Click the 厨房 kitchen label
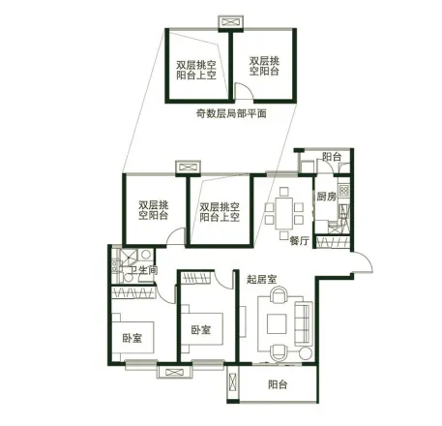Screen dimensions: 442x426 [x=326, y=197]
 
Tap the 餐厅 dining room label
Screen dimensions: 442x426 [x=300, y=240]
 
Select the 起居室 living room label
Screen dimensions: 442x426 [x=262, y=279]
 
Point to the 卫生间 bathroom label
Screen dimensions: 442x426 [x=144, y=270]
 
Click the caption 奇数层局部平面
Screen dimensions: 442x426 [x=231, y=113]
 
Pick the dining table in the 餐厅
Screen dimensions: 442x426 [x=283, y=214]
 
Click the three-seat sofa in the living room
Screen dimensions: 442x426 [x=304, y=323]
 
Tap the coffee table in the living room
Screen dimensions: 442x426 [x=277, y=323]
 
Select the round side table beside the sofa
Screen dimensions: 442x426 [x=305, y=353]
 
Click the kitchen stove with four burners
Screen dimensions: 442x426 [x=343, y=190]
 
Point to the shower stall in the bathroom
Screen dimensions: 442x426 [x=129, y=257]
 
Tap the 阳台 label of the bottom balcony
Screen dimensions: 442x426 [x=278, y=384]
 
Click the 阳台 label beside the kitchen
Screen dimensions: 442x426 [x=332, y=157]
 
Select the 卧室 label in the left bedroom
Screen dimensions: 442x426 [x=133, y=338]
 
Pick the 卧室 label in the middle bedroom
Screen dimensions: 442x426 [x=201, y=330]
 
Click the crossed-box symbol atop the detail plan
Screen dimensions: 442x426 [x=230, y=22]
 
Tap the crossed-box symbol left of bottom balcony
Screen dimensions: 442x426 [x=233, y=382]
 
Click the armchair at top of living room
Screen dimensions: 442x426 [x=279, y=295]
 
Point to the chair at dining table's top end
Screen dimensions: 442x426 [x=284, y=192]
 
